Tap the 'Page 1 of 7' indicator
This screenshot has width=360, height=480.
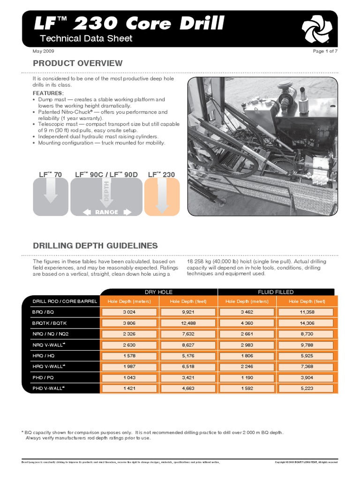tap(325, 51)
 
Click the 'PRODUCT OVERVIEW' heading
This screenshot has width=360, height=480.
tap(77, 63)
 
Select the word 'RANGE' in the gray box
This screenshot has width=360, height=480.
tap(107, 212)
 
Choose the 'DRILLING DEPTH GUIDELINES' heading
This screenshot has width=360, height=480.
tap(95, 246)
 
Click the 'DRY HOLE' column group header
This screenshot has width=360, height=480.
tap(159, 292)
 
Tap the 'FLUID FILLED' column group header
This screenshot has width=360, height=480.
tap(276, 292)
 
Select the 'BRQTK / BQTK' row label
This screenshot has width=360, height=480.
tap(49, 324)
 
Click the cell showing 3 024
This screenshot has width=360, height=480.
tap(129, 312)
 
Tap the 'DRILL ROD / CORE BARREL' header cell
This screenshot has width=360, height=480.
tap(65, 301)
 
